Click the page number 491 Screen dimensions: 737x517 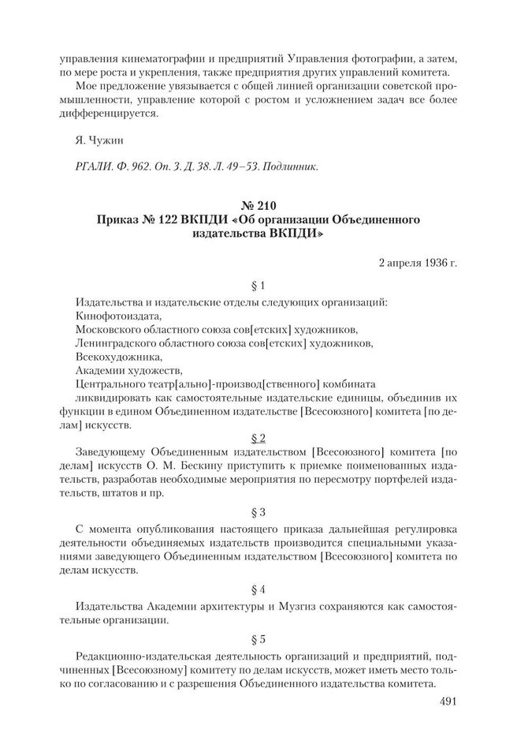[x=443, y=700]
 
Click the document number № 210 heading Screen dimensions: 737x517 [x=258, y=208]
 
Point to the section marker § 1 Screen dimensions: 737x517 [x=258, y=285]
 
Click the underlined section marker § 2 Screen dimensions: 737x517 [x=258, y=436]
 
